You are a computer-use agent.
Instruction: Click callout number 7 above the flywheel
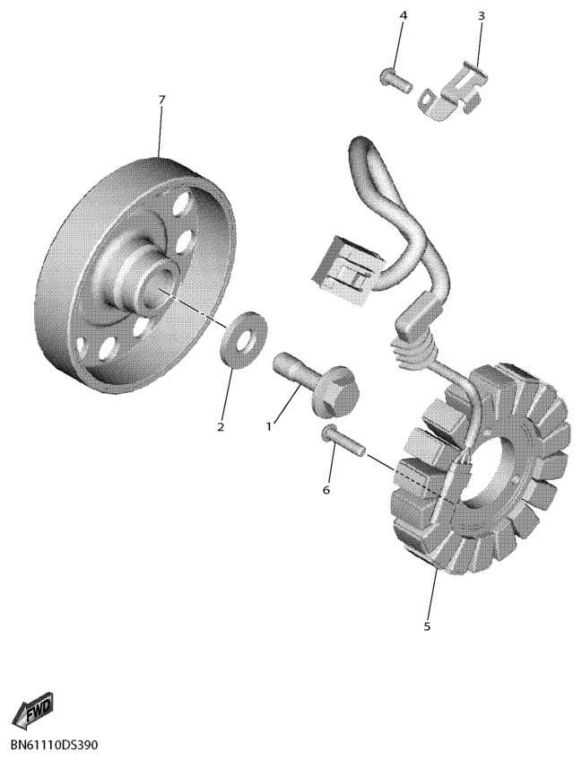tap(162, 100)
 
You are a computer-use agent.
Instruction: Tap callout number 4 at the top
tap(403, 15)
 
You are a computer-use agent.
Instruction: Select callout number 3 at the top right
tap(482, 15)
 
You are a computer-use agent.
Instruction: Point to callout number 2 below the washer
tap(221, 427)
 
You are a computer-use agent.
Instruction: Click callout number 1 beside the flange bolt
tap(268, 426)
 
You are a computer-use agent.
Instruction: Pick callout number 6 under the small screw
tap(326, 490)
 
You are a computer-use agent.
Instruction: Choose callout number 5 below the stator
tap(427, 626)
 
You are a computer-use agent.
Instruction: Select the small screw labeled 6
tap(343, 440)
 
